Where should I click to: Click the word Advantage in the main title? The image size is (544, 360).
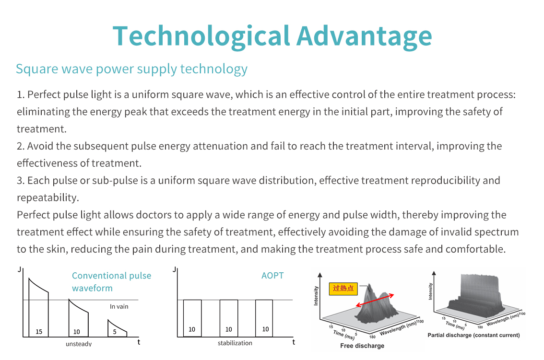pyautogui.click(x=364, y=36)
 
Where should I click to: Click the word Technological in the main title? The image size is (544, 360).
pyautogui.click(x=201, y=36)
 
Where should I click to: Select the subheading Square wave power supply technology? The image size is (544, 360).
pyautogui.click(x=131, y=69)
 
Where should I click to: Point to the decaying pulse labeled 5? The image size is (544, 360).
pyautogui.click(x=117, y=329)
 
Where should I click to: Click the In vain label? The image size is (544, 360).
pyautogui.click(x=119, y=307)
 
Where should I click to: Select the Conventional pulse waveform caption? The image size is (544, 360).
pyautogui.click(x=111, y=281)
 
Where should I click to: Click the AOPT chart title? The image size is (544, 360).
pyautogui.click(x=272, y=276)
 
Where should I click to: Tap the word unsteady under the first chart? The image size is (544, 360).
pyautogui.click(x=79, y=344)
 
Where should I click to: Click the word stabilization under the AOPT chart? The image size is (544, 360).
pyautogui.click(x=235, y=343)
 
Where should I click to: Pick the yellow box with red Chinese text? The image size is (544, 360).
pyautogui.click(x=343, y=288)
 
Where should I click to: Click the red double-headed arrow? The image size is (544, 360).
pyautogui.click(x=375, y=301)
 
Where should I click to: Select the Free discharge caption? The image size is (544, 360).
pyautogui.click(x=362, y=346)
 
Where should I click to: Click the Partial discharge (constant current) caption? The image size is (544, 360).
pyautogui.click(x=473, y=335)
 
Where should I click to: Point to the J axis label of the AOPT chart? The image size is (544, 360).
pyautogui.click(x=175, y=269)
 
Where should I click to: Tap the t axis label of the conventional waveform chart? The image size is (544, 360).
pyautogui.click(x=139, y=342)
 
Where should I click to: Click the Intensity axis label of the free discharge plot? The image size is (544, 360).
pyautogui.click(x=316, y=296)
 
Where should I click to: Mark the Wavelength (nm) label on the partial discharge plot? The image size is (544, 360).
pyautogui.click(x=502, y=319)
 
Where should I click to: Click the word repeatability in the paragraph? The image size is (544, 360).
pyautogui.click(x=48, y=197)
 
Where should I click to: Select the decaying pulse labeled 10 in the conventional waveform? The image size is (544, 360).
pyautogui.click(x=78, y=318)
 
